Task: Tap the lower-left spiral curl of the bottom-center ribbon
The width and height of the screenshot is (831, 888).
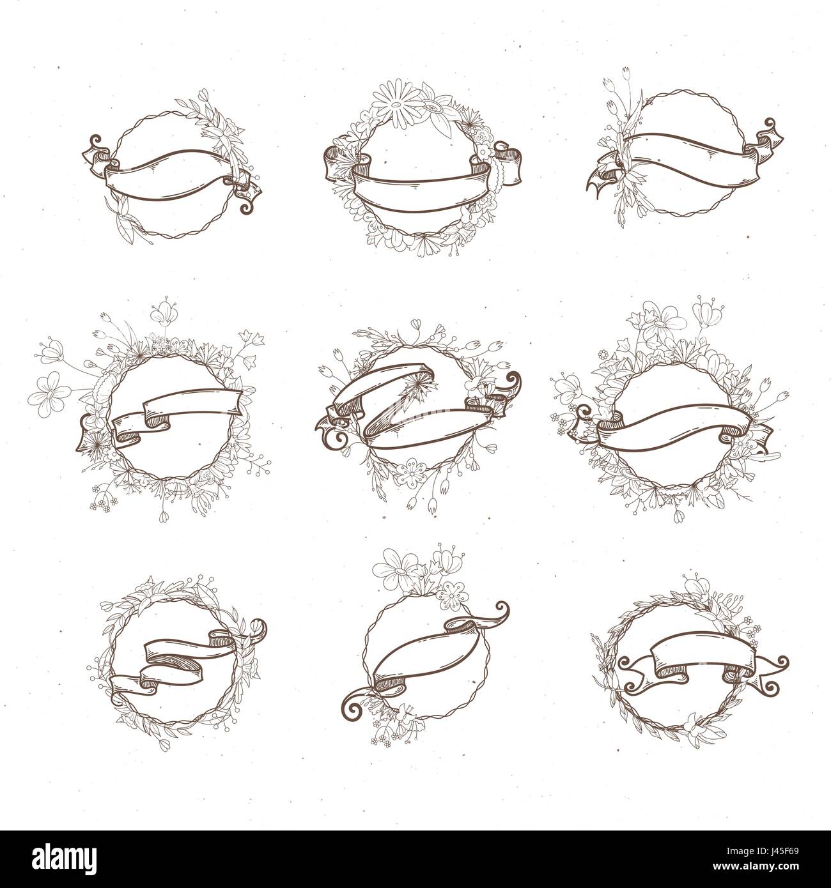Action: (x=354, y=713)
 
